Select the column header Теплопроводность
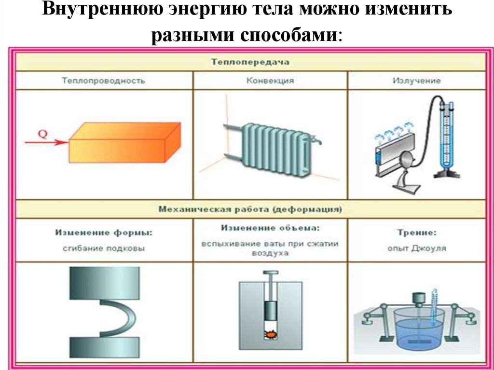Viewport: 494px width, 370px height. [x=103, y=81]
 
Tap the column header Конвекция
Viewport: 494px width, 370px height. [x=270, y=81]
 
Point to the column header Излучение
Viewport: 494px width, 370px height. [x=416, y=81]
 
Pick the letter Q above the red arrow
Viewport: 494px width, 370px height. [x=42, y=134]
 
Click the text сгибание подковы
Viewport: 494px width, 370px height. [x=103, y=249]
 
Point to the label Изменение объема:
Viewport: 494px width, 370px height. [x=270, y=227]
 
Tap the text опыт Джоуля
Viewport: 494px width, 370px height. [x=416, y=249]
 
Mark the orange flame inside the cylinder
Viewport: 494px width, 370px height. [x=270, y=333]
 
